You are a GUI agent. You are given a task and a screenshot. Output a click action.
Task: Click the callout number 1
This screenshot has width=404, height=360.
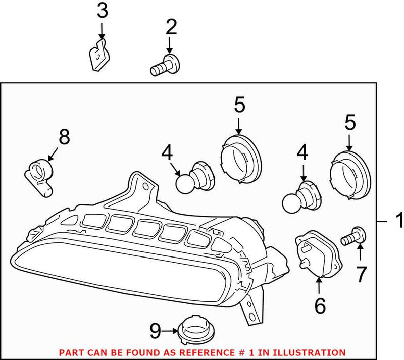click(x=398, y=221)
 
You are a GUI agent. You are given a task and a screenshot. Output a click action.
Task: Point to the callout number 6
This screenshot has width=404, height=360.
click(x=320, y=304)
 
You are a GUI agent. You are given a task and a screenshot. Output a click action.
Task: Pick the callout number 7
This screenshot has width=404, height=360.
click(x=361, y=274)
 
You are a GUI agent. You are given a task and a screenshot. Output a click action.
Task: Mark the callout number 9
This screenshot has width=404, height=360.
click(x=156, y=331)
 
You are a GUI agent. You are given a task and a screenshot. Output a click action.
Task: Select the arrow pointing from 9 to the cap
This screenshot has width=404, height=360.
click(x=170, y=331)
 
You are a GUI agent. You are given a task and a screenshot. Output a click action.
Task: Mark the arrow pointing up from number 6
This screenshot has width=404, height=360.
click(x=320, y=285)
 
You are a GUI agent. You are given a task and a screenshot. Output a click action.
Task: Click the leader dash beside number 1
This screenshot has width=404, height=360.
click(x=383, y=221)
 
